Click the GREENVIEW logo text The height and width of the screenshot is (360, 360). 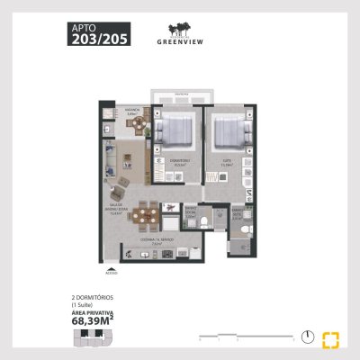(181, 40)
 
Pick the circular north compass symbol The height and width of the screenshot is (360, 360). (309, 337)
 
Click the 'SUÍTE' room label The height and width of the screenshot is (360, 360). (228, 162)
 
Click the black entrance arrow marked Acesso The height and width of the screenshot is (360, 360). (111, 266)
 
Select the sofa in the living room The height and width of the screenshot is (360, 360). (108, 161)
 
